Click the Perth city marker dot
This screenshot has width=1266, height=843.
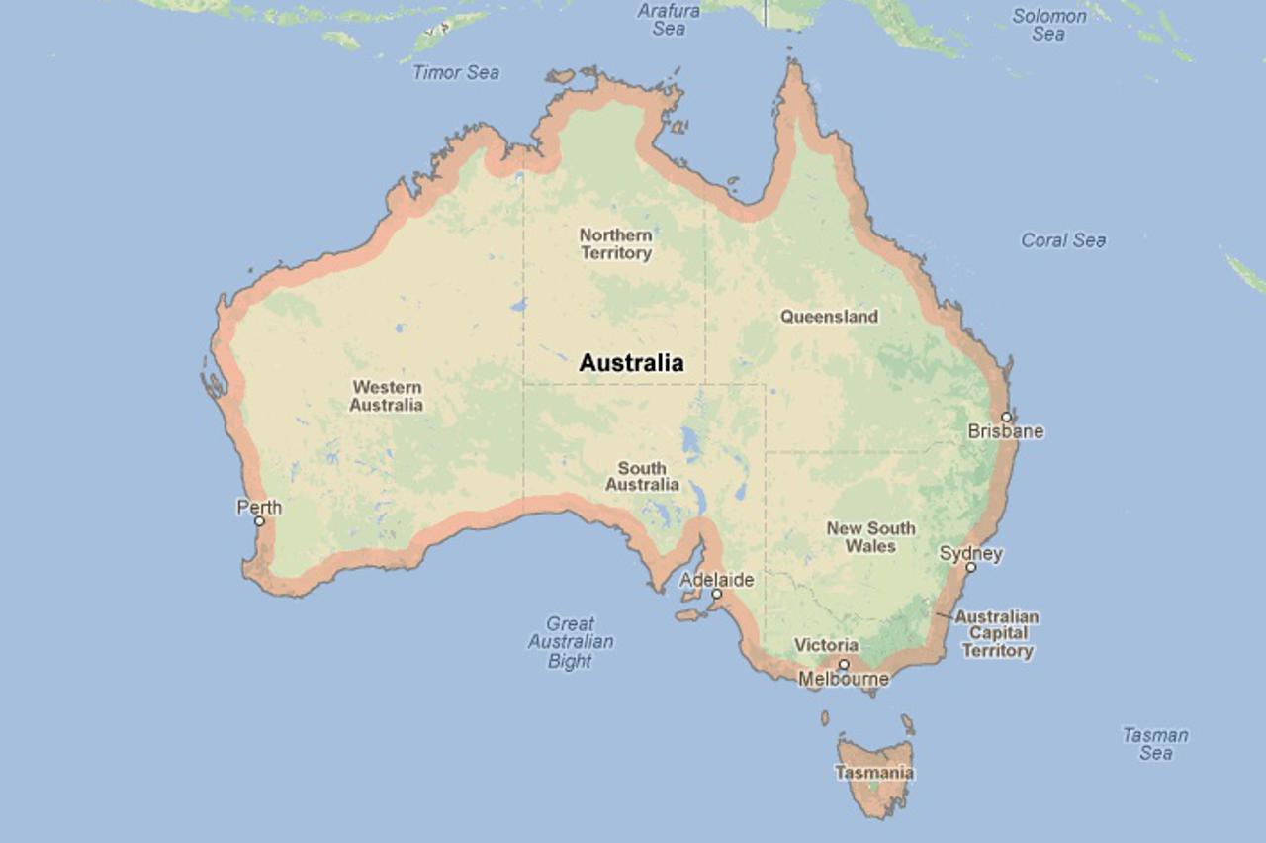259,520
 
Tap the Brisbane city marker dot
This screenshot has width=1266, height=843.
1006,417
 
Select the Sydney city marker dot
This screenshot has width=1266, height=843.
970,567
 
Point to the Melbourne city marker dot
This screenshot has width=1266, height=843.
844,664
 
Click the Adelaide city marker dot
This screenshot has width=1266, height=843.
716,594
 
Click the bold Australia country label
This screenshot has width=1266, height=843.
631,363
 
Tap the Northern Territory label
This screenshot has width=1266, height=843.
615,243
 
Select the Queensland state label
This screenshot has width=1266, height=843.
829,317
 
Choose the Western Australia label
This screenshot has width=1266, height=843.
386,396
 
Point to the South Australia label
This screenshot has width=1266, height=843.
642,476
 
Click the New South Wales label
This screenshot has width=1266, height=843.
870,537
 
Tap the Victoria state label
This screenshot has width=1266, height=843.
826,645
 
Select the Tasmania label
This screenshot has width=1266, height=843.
874,773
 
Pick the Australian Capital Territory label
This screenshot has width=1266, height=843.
997,633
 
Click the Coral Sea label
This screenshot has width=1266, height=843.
1063,240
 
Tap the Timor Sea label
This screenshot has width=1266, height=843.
456,72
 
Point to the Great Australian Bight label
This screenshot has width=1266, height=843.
571,642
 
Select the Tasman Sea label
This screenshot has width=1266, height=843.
1155,744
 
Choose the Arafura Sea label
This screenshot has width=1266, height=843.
669,20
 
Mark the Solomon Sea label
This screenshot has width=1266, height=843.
1048,25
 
